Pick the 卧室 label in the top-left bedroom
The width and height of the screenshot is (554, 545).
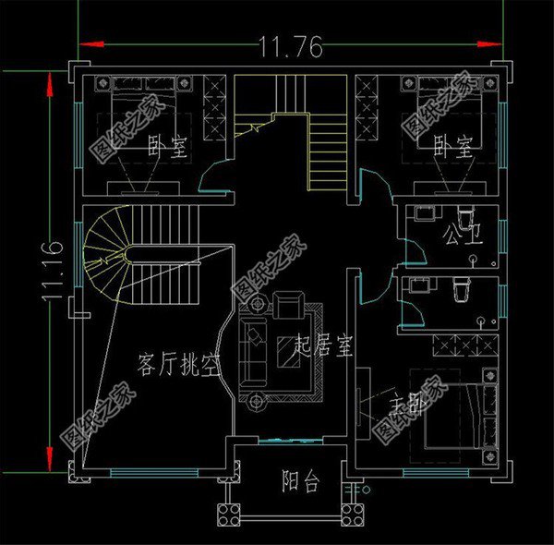[x=168, y=146]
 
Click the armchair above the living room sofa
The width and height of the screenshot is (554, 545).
[x=290, y=303]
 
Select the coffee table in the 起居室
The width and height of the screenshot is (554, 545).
[x=286, y=350]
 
